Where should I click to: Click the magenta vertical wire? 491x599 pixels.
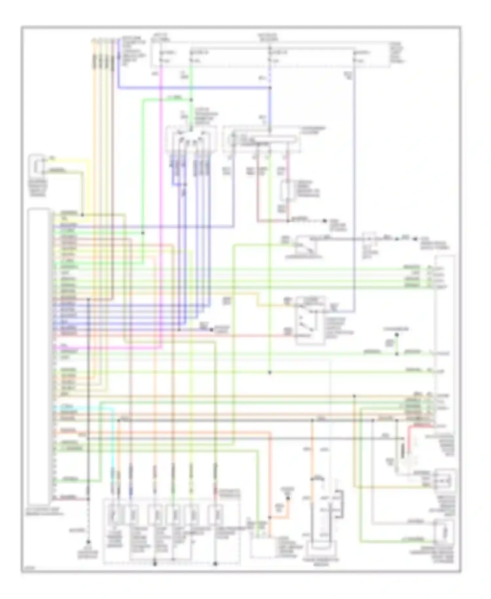click(161, 197)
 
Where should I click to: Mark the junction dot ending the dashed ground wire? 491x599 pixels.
click(88, 542)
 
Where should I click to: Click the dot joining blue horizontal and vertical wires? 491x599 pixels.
click(270, 88)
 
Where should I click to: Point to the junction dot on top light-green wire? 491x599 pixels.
click(191, 100)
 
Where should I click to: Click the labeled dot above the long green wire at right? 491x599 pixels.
click(396, 335)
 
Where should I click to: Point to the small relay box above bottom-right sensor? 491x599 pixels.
click(444, 480)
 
